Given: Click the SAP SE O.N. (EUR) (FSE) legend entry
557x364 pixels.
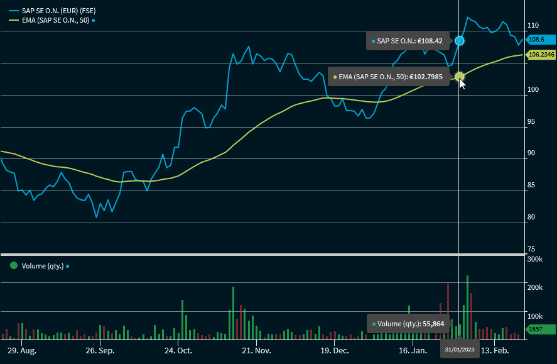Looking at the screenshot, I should (x=58, y=11).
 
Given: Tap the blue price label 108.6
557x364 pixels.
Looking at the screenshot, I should (x=539, y=40).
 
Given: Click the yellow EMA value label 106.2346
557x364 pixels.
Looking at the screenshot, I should (x=541, y=55).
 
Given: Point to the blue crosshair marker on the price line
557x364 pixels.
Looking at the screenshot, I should (x=460, y=41).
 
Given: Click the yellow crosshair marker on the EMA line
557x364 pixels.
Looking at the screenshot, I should (x=460, y=77).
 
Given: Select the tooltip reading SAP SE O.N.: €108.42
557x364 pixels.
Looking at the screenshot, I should (x=408, y=41).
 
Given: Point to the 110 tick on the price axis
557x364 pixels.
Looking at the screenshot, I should (x=533, y=26).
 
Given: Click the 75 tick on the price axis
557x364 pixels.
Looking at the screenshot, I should (x=532, y=249).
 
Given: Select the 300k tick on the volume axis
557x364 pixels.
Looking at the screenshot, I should (x=535, y=259).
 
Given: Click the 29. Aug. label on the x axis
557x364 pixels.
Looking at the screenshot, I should (x=21, y=350).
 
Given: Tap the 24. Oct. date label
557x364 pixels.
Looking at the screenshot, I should (x=178, y=350).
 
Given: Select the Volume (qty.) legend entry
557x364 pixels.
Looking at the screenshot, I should (x=43, y=266).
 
